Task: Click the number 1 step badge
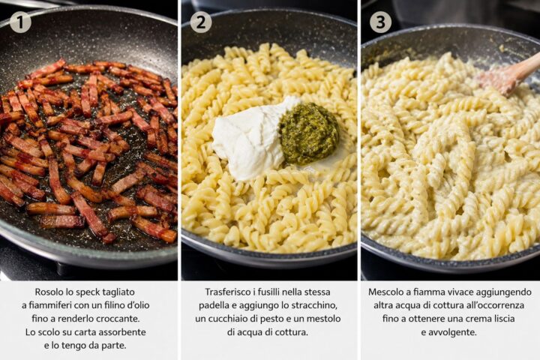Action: tap(20, 22)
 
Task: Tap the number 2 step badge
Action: tap(200, 22)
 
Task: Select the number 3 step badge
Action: tap(380, 22)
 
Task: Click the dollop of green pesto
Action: tap(309, 133)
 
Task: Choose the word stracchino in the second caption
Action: tap(316, 305)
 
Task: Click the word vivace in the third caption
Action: tap(461, 292)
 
